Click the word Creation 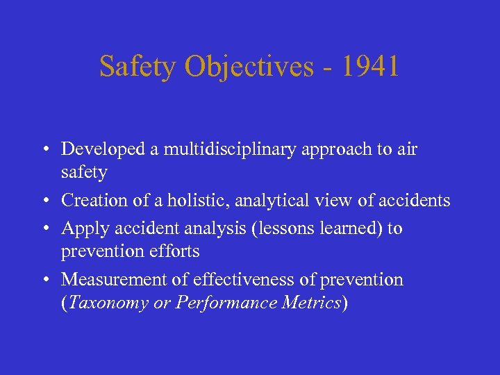click(x=89, y=201)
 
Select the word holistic click(x=200, y=201)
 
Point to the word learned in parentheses click(x=348, y=228)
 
